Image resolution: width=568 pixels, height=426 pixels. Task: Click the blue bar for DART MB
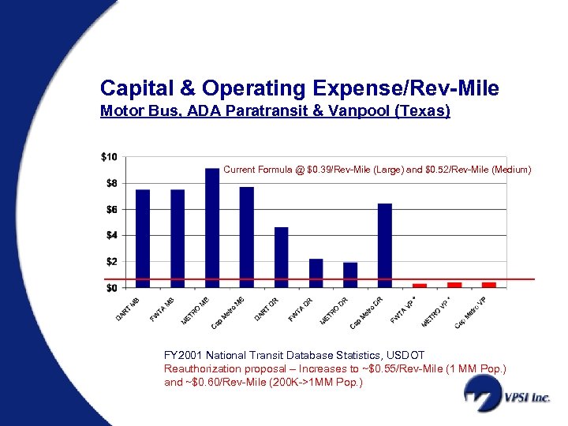(143, 238)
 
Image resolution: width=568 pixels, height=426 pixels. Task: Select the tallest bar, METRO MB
(212, 227)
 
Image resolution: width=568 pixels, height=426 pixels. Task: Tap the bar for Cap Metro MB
(247, 237)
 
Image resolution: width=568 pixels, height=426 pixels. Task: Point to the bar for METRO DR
(350, 275)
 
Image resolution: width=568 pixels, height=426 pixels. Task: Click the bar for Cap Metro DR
(385, 245)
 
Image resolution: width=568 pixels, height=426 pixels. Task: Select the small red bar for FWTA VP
(420, 285)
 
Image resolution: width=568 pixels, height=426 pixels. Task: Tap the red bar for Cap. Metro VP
(489, 284)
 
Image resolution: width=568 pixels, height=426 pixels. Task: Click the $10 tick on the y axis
(109, 157)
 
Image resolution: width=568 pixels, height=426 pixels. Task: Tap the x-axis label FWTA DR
(301, 308)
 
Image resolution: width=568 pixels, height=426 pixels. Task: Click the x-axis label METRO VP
(435, 311)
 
